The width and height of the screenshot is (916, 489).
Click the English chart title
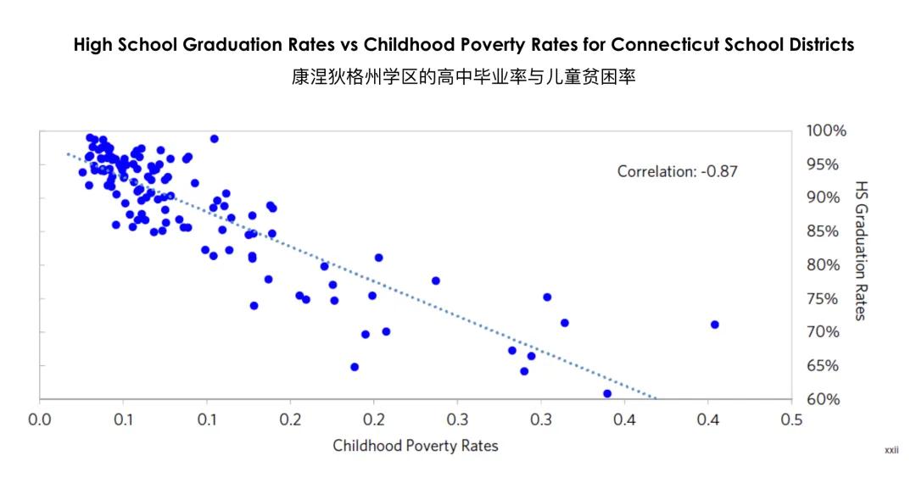[x=463, y=45]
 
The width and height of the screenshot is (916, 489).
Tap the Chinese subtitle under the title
[x=463, y=77]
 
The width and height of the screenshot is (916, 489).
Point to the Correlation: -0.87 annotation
[x=677, y=171]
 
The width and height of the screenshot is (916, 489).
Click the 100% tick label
[x=825, y=131]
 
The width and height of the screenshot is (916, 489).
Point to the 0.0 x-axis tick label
[x=40, y=420]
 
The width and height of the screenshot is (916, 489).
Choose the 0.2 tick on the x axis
[x=290, y=420]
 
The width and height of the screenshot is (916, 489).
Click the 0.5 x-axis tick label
[x=791, y=420]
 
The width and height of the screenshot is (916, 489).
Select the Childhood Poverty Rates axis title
[x=415, y=445]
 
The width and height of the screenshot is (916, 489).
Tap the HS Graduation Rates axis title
[x=861, y=250]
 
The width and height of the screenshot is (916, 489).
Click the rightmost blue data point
[x=714, y=325]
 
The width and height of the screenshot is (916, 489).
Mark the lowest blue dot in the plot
[x=607, y=393]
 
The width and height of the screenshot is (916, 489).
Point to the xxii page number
[x=891, y=451]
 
